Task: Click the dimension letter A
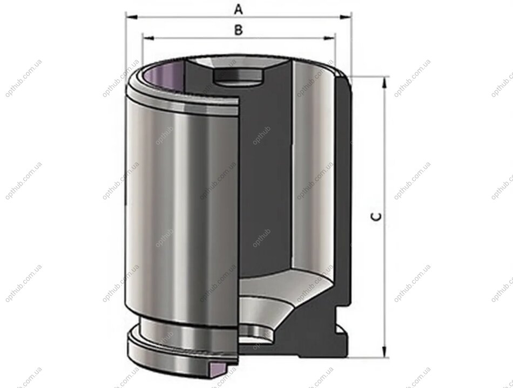pyautogui.click(x=239, y=10)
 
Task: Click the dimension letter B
pyautogui.click(x=239, y=30)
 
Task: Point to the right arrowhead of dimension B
pyautogui.click(x=330, y=38)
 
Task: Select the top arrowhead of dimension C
pyautogui.click(x=385, y=82)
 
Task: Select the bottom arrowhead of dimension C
pyautogui.click(x=385, y=352)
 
